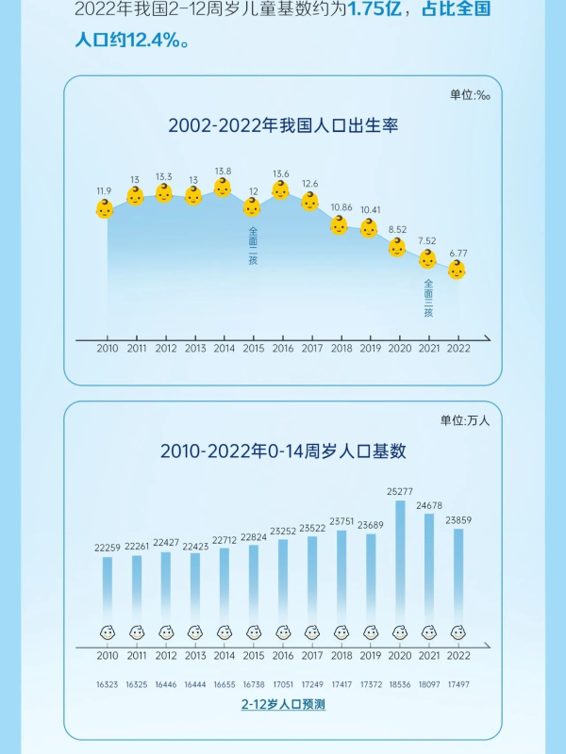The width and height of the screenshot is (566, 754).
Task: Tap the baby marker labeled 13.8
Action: (x=223, y=188)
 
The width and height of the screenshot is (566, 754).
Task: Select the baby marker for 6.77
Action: (x=457, y=270)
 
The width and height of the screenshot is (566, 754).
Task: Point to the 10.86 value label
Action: (x=341, y=207)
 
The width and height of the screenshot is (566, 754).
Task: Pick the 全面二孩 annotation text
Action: (x=253, y=245)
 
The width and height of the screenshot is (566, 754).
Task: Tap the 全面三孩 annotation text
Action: (x=428, y=298)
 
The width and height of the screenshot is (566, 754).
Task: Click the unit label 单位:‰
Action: (x=470, y=95)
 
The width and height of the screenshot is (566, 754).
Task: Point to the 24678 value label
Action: (x=429, y=506)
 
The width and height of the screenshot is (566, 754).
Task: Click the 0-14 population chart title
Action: (x=283, y=451)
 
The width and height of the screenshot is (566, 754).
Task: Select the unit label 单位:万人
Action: (x=465, y=420)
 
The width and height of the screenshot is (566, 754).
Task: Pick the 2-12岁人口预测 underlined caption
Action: (x=282, y=704)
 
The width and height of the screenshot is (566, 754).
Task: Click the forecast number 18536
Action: (x=400, y=680)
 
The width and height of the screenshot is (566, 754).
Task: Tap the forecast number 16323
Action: (x=108, y=680)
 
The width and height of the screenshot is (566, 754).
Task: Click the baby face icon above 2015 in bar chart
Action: (x=254, y=632)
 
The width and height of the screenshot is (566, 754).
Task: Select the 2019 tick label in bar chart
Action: (x=371, y=656)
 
